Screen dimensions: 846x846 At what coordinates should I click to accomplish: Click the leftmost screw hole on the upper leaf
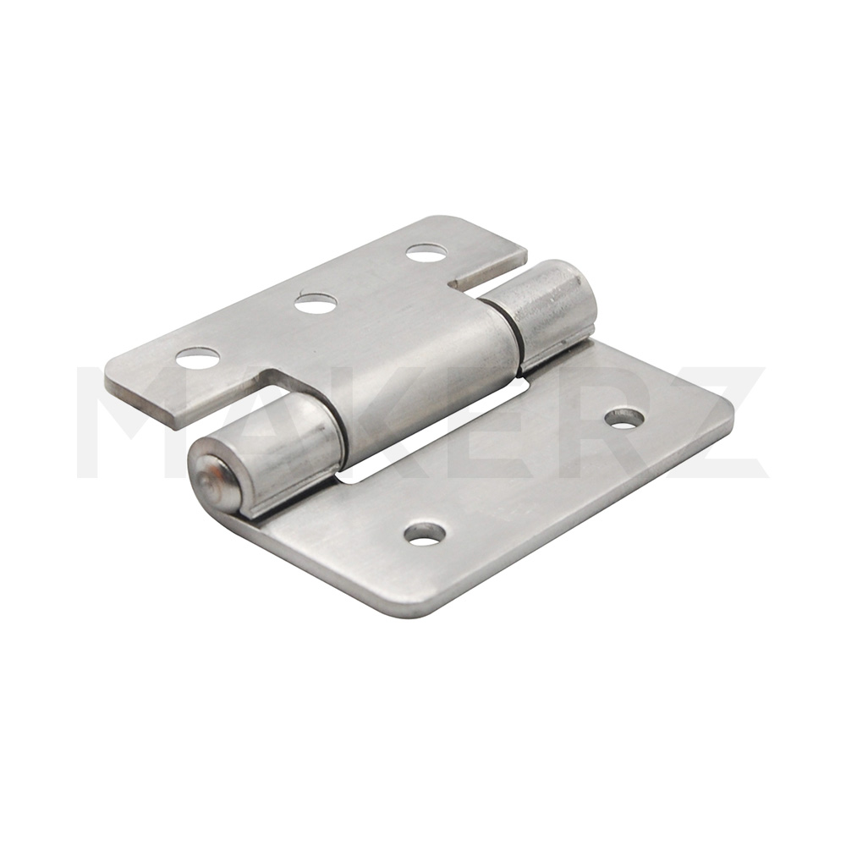coord(198,358)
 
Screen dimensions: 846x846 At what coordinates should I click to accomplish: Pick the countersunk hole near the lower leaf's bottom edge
coord(426,532)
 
